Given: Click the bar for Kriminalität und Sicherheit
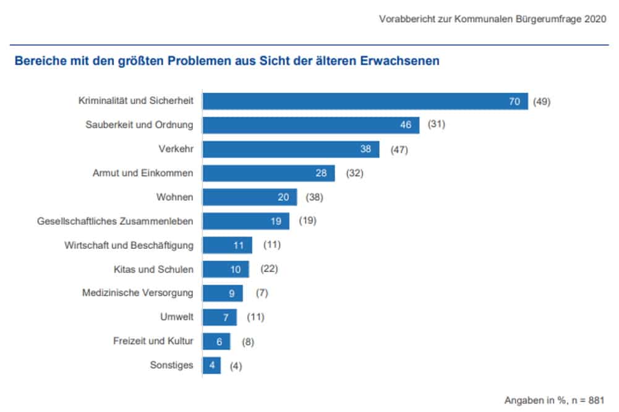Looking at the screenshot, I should pos(365,101).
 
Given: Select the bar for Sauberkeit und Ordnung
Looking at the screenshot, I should pos(311,125).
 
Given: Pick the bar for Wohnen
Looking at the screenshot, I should pos(250,197).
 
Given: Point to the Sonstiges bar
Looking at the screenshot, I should pos(211,365).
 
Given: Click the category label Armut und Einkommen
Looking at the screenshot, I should pos(142,173).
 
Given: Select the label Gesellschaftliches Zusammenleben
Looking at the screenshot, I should pos(115,221).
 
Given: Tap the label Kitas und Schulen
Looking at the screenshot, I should pos(153,269).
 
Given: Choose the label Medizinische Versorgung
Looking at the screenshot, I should pos(137,293).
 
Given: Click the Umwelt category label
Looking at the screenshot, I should pos(176,317).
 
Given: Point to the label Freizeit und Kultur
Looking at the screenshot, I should pos(153,341).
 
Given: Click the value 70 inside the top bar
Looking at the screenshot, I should pos(514,101).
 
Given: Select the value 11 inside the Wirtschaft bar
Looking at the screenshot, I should pos(238,245).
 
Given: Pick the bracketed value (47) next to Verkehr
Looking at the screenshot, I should pos(399,149).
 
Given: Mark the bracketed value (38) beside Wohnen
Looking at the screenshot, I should pos(314,197).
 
